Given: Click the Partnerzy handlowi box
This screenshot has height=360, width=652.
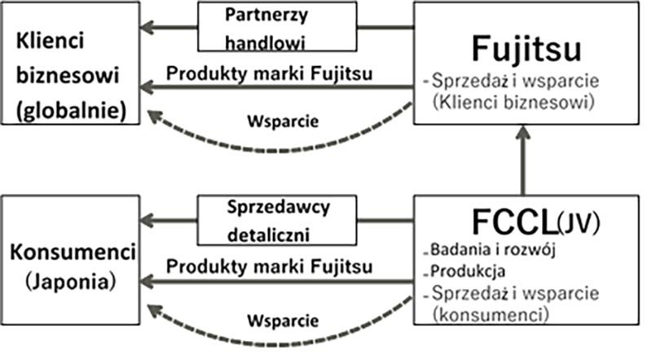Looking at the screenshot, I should point(277,28).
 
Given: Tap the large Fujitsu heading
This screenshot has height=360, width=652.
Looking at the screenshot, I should point(526,50).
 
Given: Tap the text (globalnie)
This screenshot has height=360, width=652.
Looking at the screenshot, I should point(69,111).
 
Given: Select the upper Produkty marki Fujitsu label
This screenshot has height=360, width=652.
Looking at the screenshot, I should point(271,72).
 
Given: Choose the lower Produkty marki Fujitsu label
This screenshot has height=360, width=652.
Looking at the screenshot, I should point(271,266).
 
